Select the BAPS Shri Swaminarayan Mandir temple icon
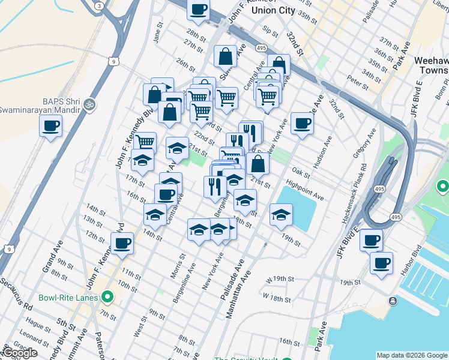coord(90,104)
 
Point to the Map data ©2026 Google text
coord(411,355)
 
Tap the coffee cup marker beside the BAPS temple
coord(50,127)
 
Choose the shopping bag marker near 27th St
coord(225,57)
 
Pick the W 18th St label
coord(276,298)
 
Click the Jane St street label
coord(159,33)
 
